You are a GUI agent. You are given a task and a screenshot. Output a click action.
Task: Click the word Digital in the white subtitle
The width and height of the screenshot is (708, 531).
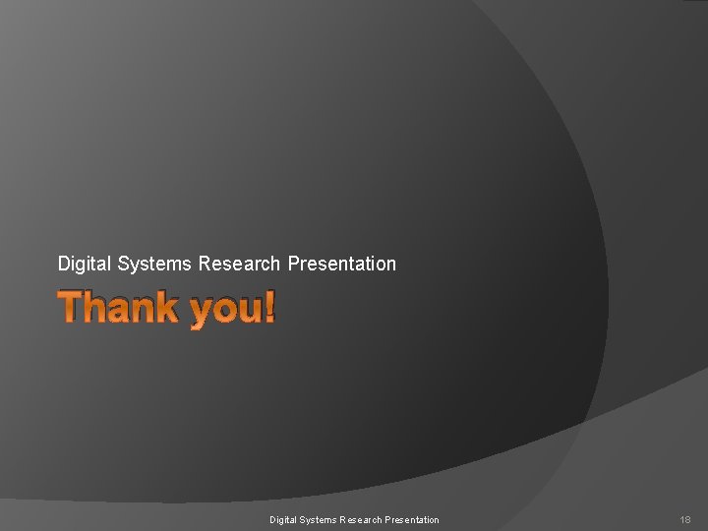tap(85, 264)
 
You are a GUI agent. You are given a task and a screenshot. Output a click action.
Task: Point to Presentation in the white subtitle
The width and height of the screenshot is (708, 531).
tap(341, 264)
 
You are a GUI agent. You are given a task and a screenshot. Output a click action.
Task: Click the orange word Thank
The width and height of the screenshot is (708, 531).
tap(118, 308)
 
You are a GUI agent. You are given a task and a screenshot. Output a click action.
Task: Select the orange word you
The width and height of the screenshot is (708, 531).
tap(223, 311)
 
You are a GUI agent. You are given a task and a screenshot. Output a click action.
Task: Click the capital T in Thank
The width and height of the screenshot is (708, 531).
tap(71, 308)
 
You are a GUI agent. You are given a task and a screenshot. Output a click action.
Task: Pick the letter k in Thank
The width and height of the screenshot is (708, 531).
tap(166, 308)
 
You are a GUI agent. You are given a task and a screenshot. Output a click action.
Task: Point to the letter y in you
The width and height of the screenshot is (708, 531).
tap(200, 314)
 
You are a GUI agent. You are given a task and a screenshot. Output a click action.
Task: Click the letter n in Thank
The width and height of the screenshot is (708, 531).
tap(143, 311)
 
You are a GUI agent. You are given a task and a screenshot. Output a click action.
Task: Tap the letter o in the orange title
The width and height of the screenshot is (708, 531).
tap(224, 311)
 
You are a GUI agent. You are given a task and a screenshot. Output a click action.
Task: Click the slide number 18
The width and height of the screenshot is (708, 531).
tap(685, 519)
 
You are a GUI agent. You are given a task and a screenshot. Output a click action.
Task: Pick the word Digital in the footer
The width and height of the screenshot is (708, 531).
tap(283, 519)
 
